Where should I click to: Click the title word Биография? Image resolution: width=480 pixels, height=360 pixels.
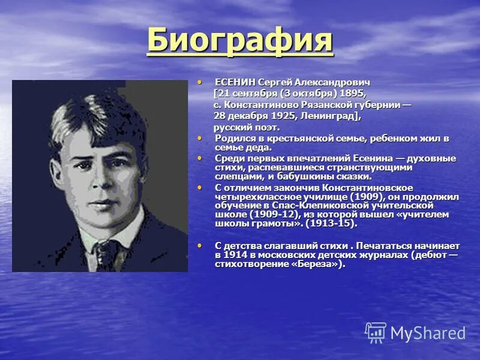[x=240, y=40]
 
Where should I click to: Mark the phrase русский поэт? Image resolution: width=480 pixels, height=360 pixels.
[x=247, y=128]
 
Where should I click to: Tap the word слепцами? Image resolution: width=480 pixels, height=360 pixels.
[x=235, y=177]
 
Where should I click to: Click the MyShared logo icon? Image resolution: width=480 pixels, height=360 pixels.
[x=376, y=332]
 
